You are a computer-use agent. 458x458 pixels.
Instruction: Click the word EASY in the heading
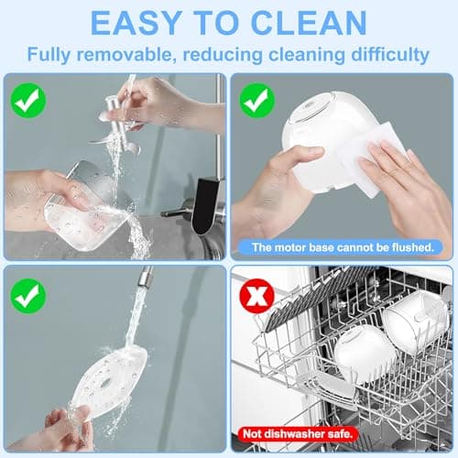coord(139,23)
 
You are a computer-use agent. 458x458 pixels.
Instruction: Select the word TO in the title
coord(216,23)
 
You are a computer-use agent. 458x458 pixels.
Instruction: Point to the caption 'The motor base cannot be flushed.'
coord(342,247)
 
